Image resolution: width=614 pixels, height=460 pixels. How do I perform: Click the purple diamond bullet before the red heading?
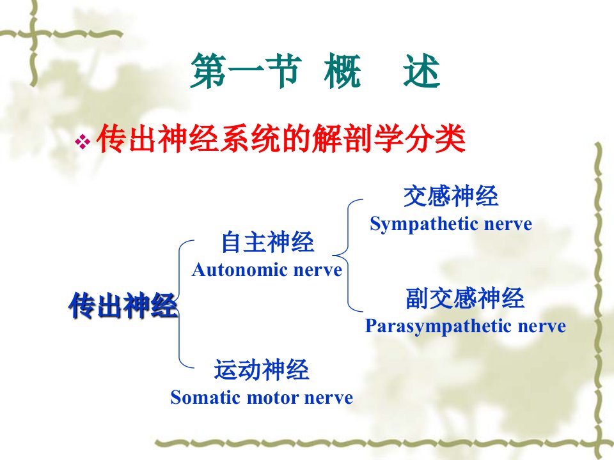pyautogui.click(x=83, y=141)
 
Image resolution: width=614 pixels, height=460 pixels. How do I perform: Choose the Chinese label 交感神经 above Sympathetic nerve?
pyautogui.click(x=451, y=196)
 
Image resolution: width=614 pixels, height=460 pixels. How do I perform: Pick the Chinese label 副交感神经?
pyautogui.click(x=465, y=298)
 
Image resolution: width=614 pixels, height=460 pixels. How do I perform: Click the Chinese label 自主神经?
pyautogui.click(x=267, y=242)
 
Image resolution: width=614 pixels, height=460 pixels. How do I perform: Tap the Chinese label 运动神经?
pyautogui.click(x=262, y=370)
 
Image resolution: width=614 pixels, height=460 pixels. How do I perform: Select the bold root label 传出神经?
pyautogui.click(x=123, y=305)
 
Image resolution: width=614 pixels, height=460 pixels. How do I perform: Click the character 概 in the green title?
pyautogui.click(x=342, y=71)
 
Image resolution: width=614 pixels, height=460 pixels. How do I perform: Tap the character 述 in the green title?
pyautogui.click(x=422, y=71)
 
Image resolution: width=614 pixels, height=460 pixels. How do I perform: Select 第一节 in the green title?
pyautogui.click(x=246, y=71)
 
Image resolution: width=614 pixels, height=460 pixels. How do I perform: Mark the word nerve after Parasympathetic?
pyautogui.click(x=542, y=326)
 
